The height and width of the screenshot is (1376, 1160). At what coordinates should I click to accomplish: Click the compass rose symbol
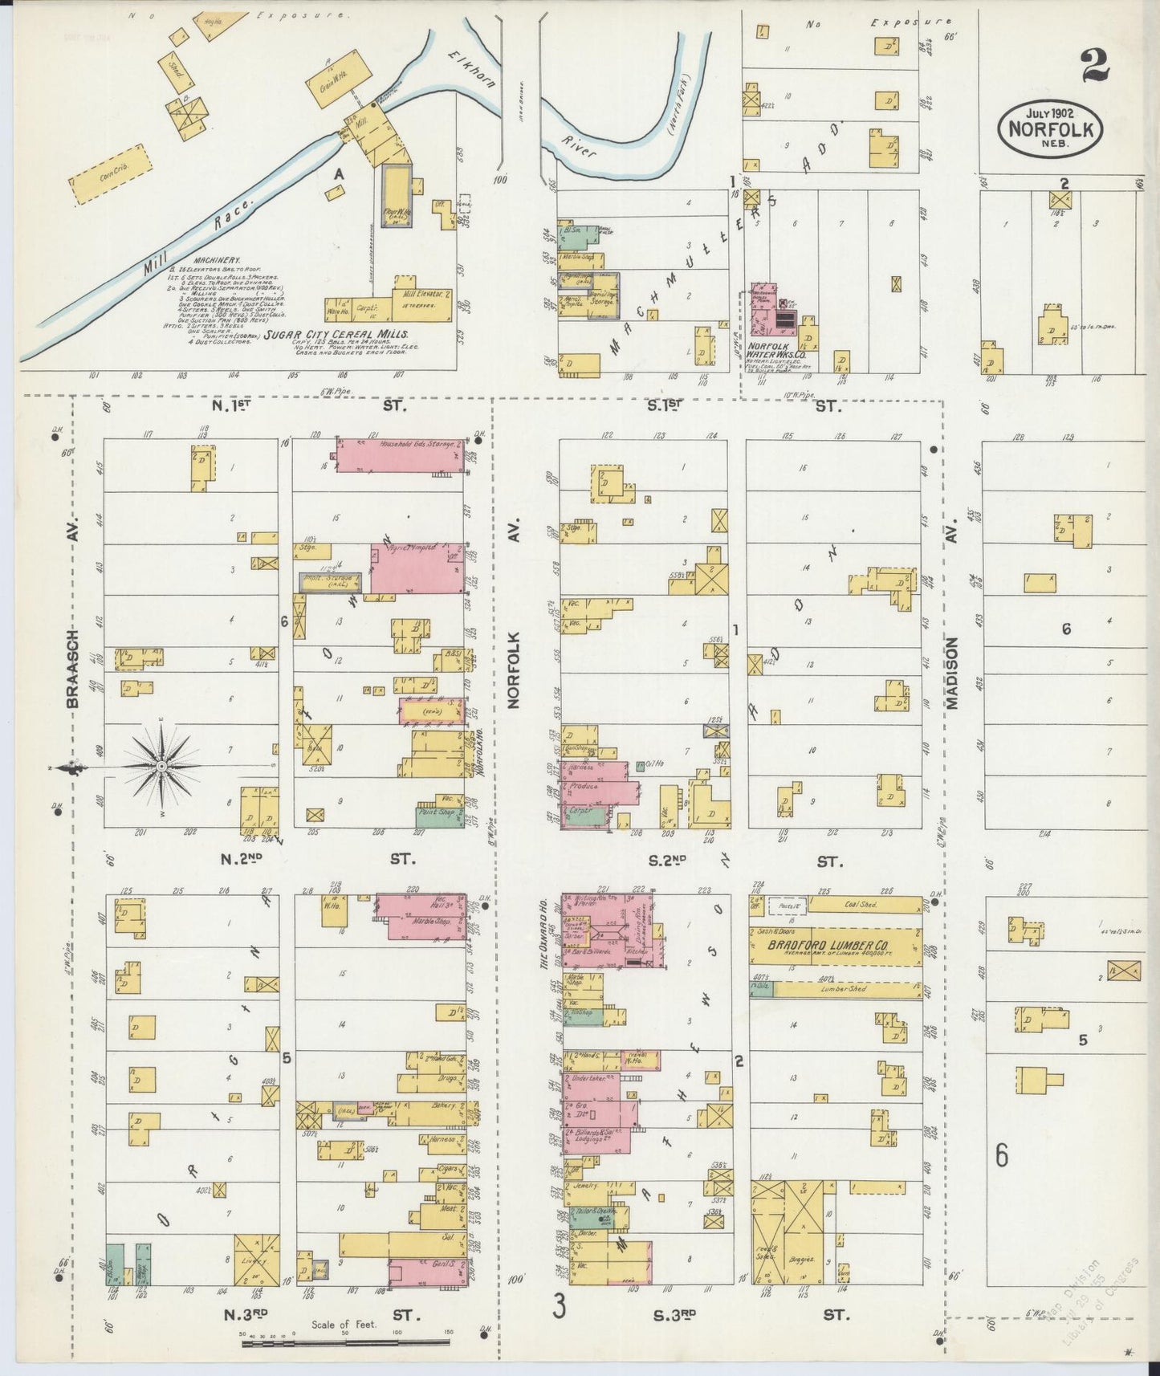click(161, 767)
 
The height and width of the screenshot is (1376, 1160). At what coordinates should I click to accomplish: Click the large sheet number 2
click(1095, 66)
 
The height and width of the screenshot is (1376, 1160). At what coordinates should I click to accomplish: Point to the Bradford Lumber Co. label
click(835, 945)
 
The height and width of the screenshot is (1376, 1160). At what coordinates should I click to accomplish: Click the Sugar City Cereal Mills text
click(336, 334)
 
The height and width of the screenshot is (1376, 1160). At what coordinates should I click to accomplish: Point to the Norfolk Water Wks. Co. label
click(771, 350)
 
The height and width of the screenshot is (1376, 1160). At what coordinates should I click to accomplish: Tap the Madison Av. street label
click(952, 673)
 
